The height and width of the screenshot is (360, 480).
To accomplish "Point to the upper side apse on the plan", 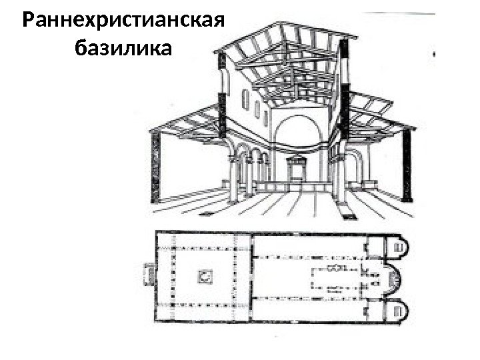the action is pyautogui.click(x=399, y=249).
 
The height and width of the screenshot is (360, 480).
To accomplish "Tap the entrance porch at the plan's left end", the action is pyautogui.click(x=148, y=274).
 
